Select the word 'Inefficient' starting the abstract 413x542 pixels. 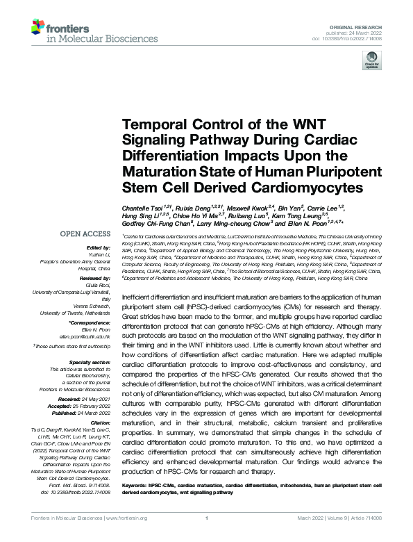point(140,297)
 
